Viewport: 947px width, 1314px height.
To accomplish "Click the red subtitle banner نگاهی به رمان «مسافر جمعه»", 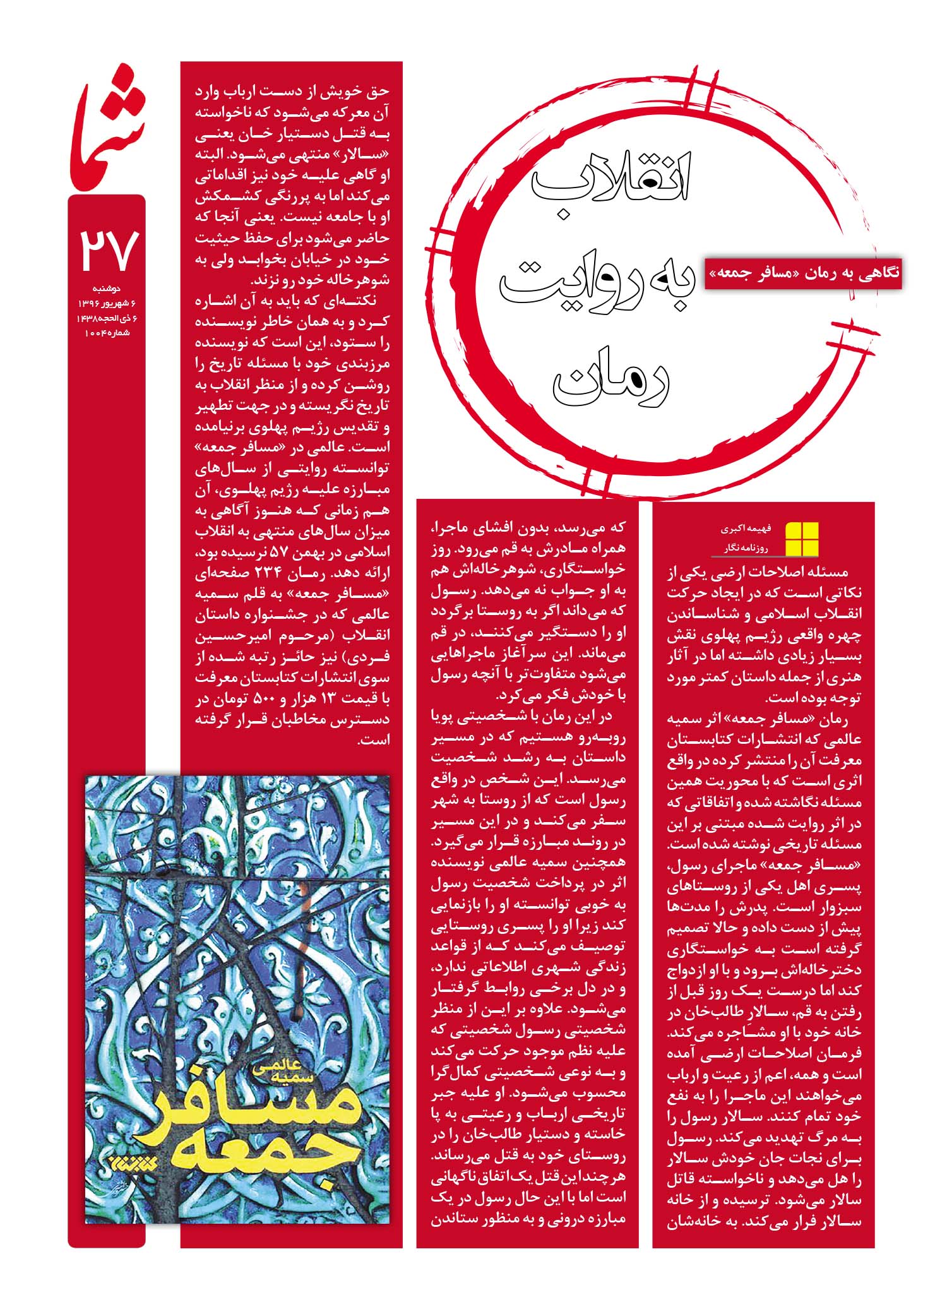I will [803, 273].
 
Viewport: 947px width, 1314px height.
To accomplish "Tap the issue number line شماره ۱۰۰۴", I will [107, 332].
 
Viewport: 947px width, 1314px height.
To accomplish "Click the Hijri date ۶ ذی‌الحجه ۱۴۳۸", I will [107, 318].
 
